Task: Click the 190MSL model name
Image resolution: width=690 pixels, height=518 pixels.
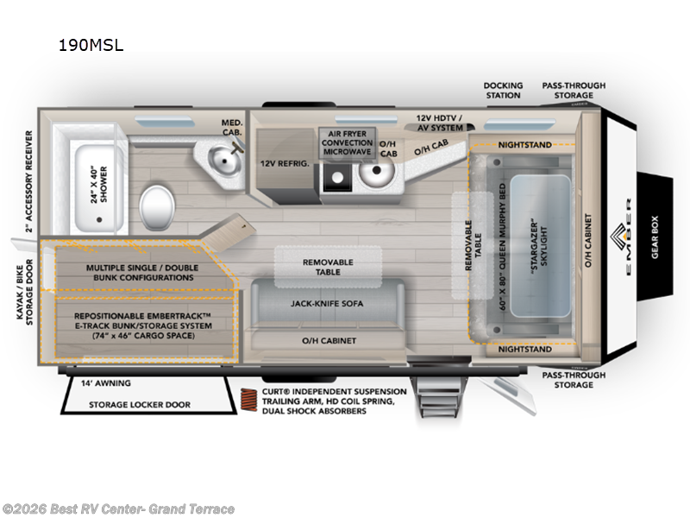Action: [x=91, y=46]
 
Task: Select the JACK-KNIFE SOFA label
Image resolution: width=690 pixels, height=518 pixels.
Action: [x=328, y=304]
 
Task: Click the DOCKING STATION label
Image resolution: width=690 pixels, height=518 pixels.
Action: [x=503, y=90]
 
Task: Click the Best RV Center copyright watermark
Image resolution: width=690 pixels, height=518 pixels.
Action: [x=118, y=509]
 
